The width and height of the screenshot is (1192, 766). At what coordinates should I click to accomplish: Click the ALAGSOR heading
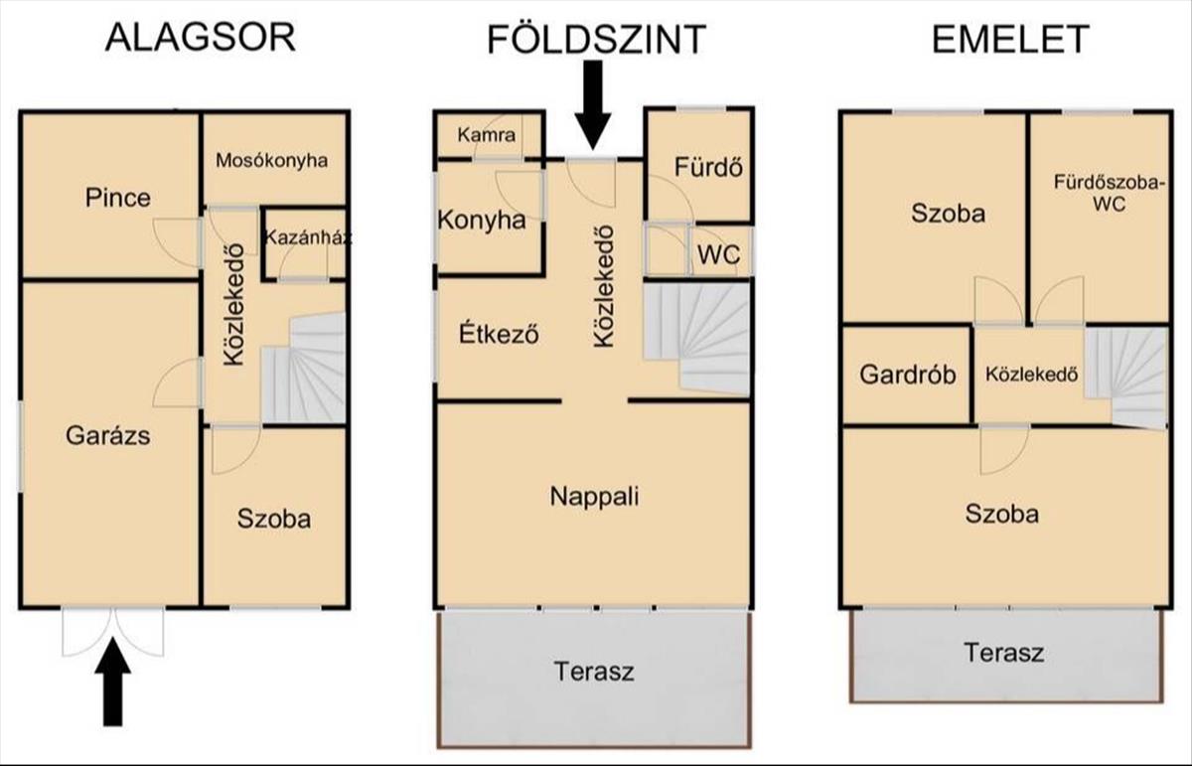pyautogui.click(x=200, y=38)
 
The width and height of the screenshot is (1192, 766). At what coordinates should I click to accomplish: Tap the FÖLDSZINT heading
pyautogui.click(x=596, y=40)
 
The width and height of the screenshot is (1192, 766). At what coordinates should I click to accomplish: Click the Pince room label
pyautogui.click(x=118, y=197)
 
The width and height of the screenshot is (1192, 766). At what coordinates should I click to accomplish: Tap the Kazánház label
pyautogui.click(x=308, y=238)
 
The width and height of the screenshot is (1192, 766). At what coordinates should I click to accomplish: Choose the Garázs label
pyautogui.click(x=108, y=434)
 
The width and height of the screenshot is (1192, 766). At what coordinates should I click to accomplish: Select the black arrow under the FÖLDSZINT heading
pyautogui.click(x=594, y=104)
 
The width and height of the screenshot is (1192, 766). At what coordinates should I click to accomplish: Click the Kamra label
pyautogui.click(x=486, y=135)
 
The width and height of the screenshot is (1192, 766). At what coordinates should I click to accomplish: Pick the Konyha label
pyautogui.click(x=482, y=220)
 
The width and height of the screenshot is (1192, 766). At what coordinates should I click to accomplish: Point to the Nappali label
pyautogui.click(x=594, y=496)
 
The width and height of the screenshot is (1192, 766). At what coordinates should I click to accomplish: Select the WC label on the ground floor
pyautogui.click(x=718, y=254)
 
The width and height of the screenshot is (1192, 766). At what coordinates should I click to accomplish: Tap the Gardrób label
pyautogui.click(x=908, y=375)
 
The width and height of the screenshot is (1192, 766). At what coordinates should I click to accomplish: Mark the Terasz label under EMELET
pyautogui.click(x=1003, y=653)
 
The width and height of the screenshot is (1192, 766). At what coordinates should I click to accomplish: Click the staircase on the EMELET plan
pyautogui.click(x=1127, y=376)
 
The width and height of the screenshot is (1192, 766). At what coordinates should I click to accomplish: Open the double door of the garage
pyautogui.click(x=113, y=631)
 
